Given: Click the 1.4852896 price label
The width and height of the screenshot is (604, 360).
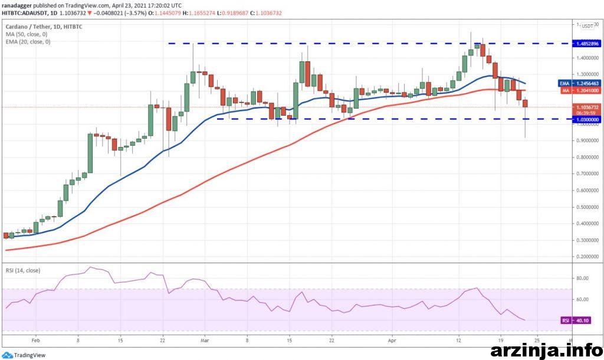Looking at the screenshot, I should [587, 44].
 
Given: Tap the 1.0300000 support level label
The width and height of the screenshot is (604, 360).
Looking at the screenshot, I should [587, 119].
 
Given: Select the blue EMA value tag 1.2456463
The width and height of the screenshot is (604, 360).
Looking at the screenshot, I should [587, 84].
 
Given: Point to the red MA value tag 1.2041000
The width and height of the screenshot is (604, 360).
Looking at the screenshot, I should [587, 91].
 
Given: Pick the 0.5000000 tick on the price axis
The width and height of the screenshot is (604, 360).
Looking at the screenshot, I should [587, 207].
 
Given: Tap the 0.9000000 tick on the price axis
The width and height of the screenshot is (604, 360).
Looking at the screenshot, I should [587, 141].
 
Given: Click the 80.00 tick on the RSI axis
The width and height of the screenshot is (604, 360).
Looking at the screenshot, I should [584, 278].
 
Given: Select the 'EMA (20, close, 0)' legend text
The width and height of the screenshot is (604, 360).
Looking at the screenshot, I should [28, 41].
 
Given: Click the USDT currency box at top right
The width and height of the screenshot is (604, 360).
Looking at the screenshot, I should [587, 26].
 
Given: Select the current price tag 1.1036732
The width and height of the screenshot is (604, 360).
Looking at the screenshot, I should [587, 107].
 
